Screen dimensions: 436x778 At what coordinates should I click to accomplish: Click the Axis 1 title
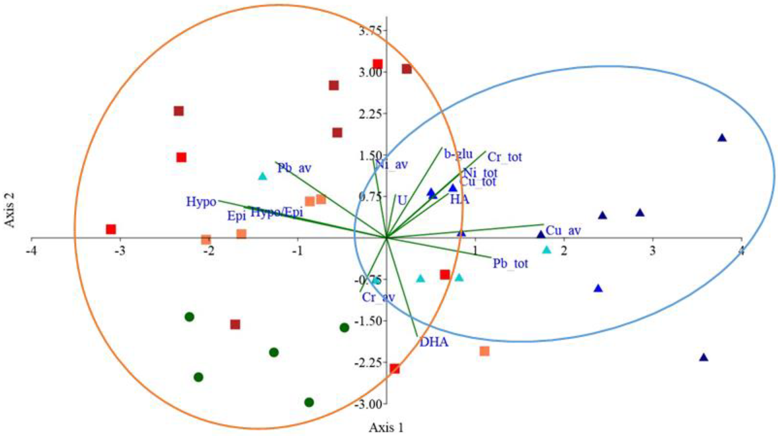pyautogui.click(x=386, y=428)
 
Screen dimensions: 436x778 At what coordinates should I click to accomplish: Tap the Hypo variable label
pyautogui.click(x=201, y=202)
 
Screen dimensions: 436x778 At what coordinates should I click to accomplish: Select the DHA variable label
pyautogui.click(x=434, y=342)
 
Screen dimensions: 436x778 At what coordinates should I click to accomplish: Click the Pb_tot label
pyautogui.click(x=510, y=263)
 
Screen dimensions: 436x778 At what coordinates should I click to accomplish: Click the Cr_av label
pyautogui.click(x=378, y=297)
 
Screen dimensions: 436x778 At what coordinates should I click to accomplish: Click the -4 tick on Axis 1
pyautogui.click(x=32, y=251)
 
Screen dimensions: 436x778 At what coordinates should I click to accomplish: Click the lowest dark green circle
pyautogui.click(x=309, y=402)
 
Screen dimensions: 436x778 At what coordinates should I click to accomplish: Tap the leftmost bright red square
pyautogui.click(x=111, y=229)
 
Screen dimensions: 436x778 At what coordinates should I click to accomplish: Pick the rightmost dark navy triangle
pyautogui.click(x=722, y=138)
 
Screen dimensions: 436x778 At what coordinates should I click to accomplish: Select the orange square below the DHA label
pyautogui.click(x=484, y=351)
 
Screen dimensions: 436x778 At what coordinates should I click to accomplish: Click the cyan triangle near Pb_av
pyautogui.click(x=263, y=176)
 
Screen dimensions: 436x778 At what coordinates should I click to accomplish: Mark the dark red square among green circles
pyautogui.click(x=235, y=324)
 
